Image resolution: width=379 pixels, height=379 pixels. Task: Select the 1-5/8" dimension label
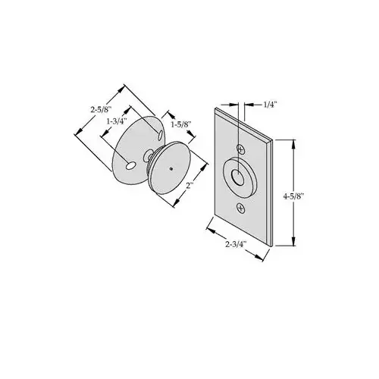pos(181,124)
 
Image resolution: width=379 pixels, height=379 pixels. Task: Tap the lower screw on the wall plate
pos(241,207)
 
